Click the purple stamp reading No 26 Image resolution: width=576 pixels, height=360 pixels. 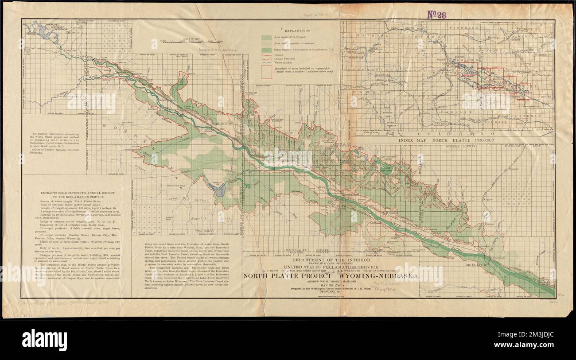(436, 14)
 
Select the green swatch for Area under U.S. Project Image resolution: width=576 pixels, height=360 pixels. (267, 38)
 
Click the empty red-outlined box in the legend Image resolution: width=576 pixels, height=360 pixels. (267, 70)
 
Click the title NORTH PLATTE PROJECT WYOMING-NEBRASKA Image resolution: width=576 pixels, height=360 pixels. (331, 276)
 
